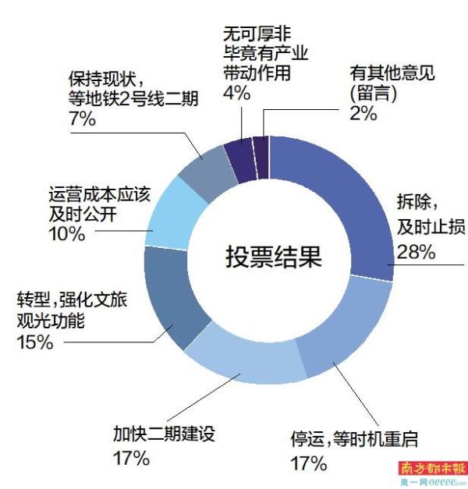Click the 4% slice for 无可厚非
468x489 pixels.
pyautogui.click(x=243, y=148)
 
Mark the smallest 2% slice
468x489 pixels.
pyautogui.click(x=261, y=146)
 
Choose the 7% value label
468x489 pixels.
pyautogui.click(x=81, y=119)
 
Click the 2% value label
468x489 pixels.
pyautogui.click(x=362, y=113)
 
